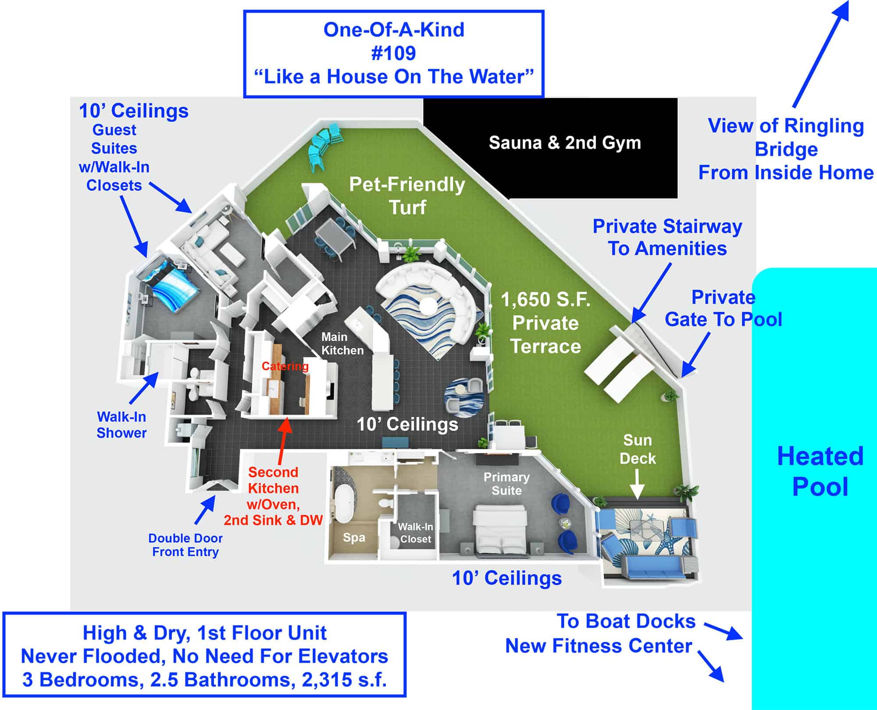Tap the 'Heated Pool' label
coord(820,471)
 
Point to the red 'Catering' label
coord(285,366)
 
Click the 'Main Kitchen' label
coord(342,343)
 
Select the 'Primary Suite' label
coord(506,484)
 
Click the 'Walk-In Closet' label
coord(415,533)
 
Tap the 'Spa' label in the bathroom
coord(354,538)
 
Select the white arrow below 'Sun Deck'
coord(638,484)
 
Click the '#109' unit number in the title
coord(393,53)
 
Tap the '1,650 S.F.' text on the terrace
coord(545,300)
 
